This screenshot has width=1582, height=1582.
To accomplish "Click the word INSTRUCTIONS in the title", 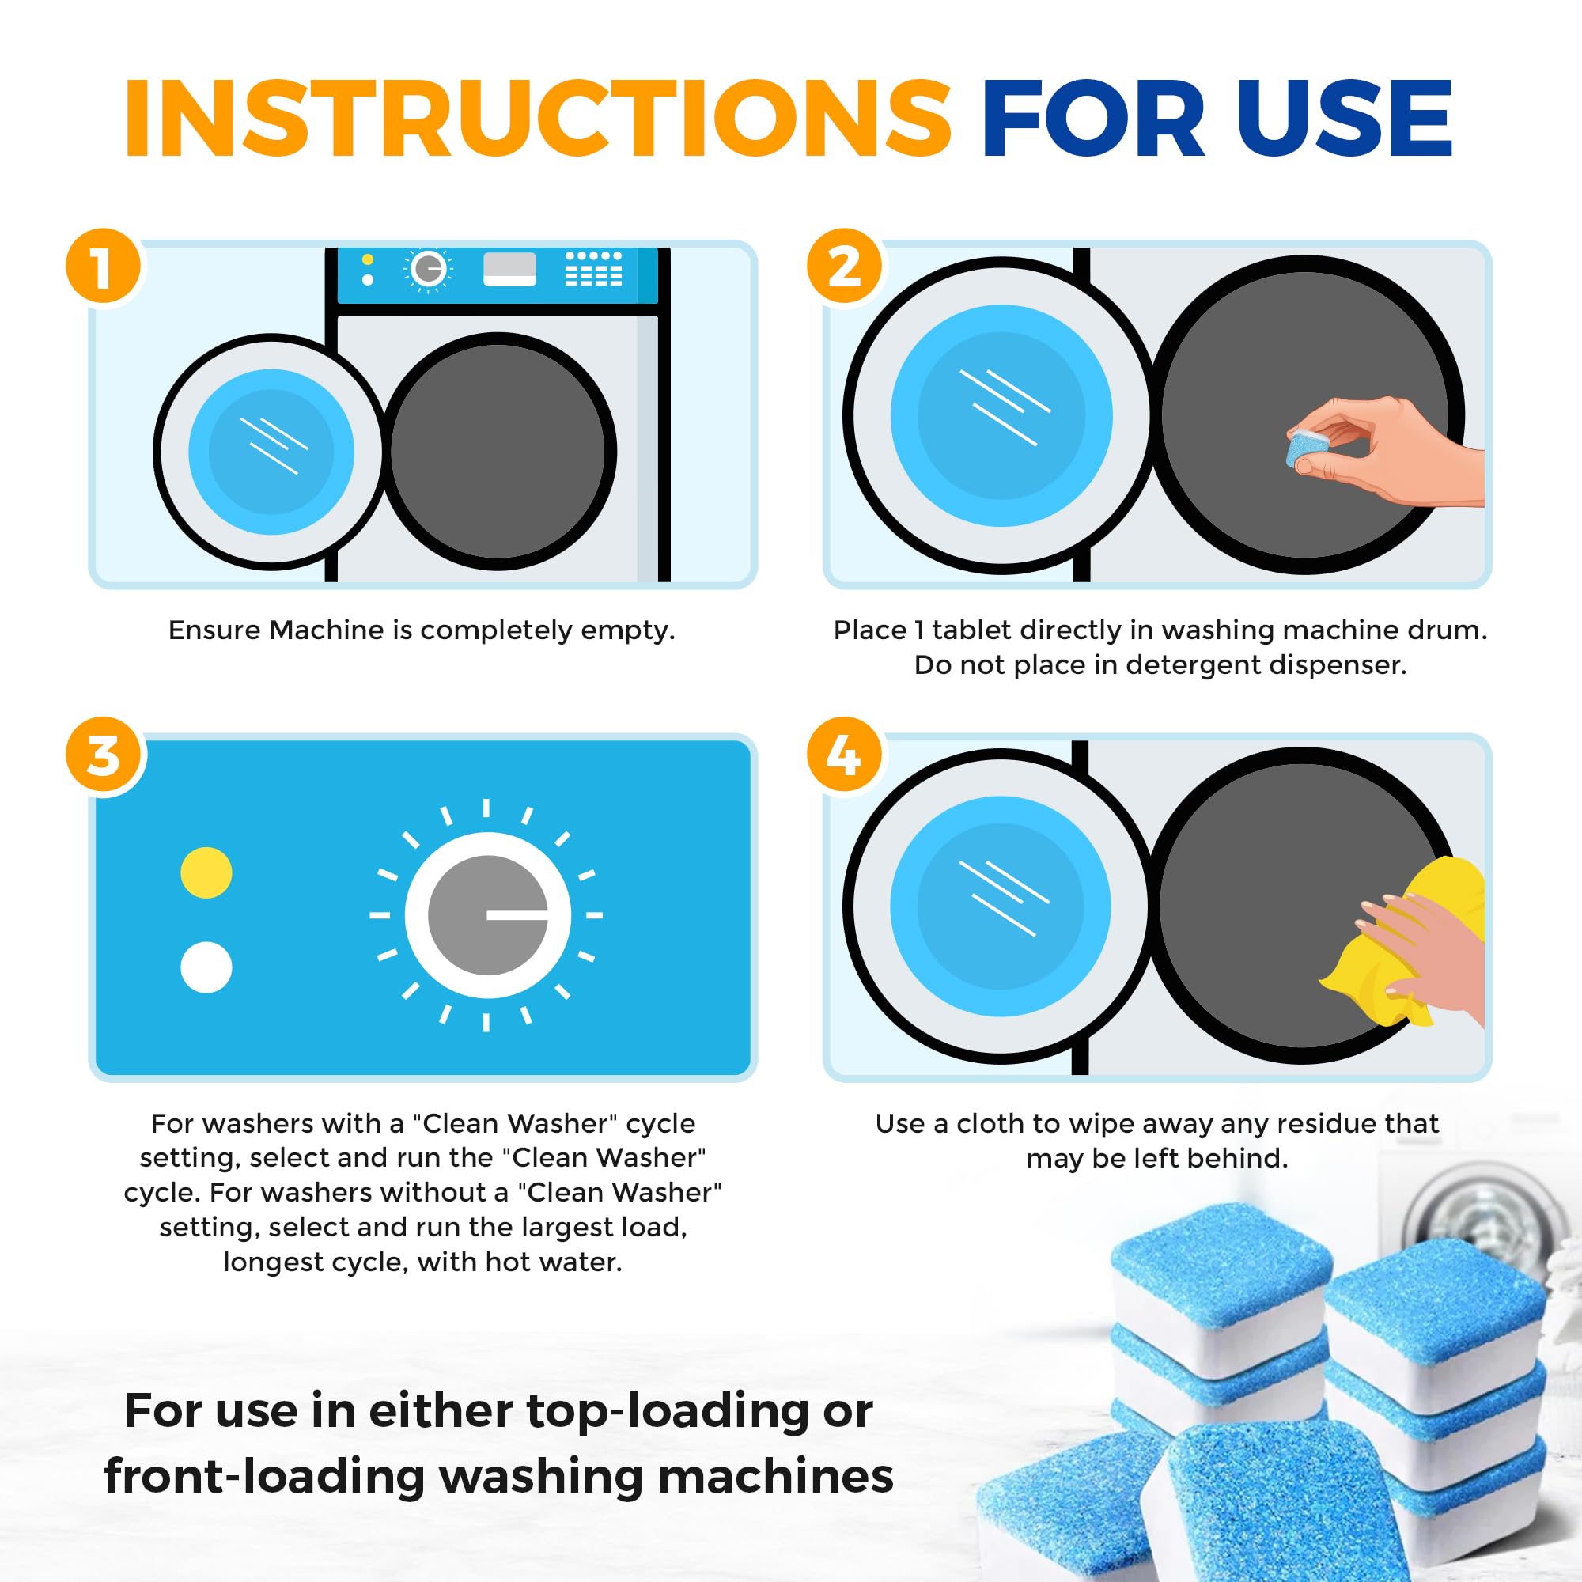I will coord(536,119).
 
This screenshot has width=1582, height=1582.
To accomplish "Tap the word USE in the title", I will coord(1344,119).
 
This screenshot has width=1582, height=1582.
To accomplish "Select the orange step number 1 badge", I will coord(103,266).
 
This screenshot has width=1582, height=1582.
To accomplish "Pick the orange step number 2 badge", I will coord(844,266).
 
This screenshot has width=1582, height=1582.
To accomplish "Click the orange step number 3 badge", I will coord(103,755).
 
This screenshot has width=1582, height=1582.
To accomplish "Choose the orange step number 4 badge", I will coord(844,755).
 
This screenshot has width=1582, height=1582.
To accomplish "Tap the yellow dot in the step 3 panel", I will coord(206,873).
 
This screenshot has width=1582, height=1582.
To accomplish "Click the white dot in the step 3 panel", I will coord(206,967).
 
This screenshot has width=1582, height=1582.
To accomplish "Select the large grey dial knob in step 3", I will coord(488,914).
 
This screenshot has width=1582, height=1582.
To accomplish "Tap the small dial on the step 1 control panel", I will coord(426,268).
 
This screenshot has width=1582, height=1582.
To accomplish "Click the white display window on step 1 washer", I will coord(509,269).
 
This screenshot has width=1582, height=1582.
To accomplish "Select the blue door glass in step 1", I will coord(271,452).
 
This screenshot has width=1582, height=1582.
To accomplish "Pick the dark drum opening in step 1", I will coord(498,452).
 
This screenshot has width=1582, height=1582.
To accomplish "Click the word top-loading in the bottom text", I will coord(668,1411).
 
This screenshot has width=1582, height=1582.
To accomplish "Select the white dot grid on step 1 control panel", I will coord(594,270).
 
